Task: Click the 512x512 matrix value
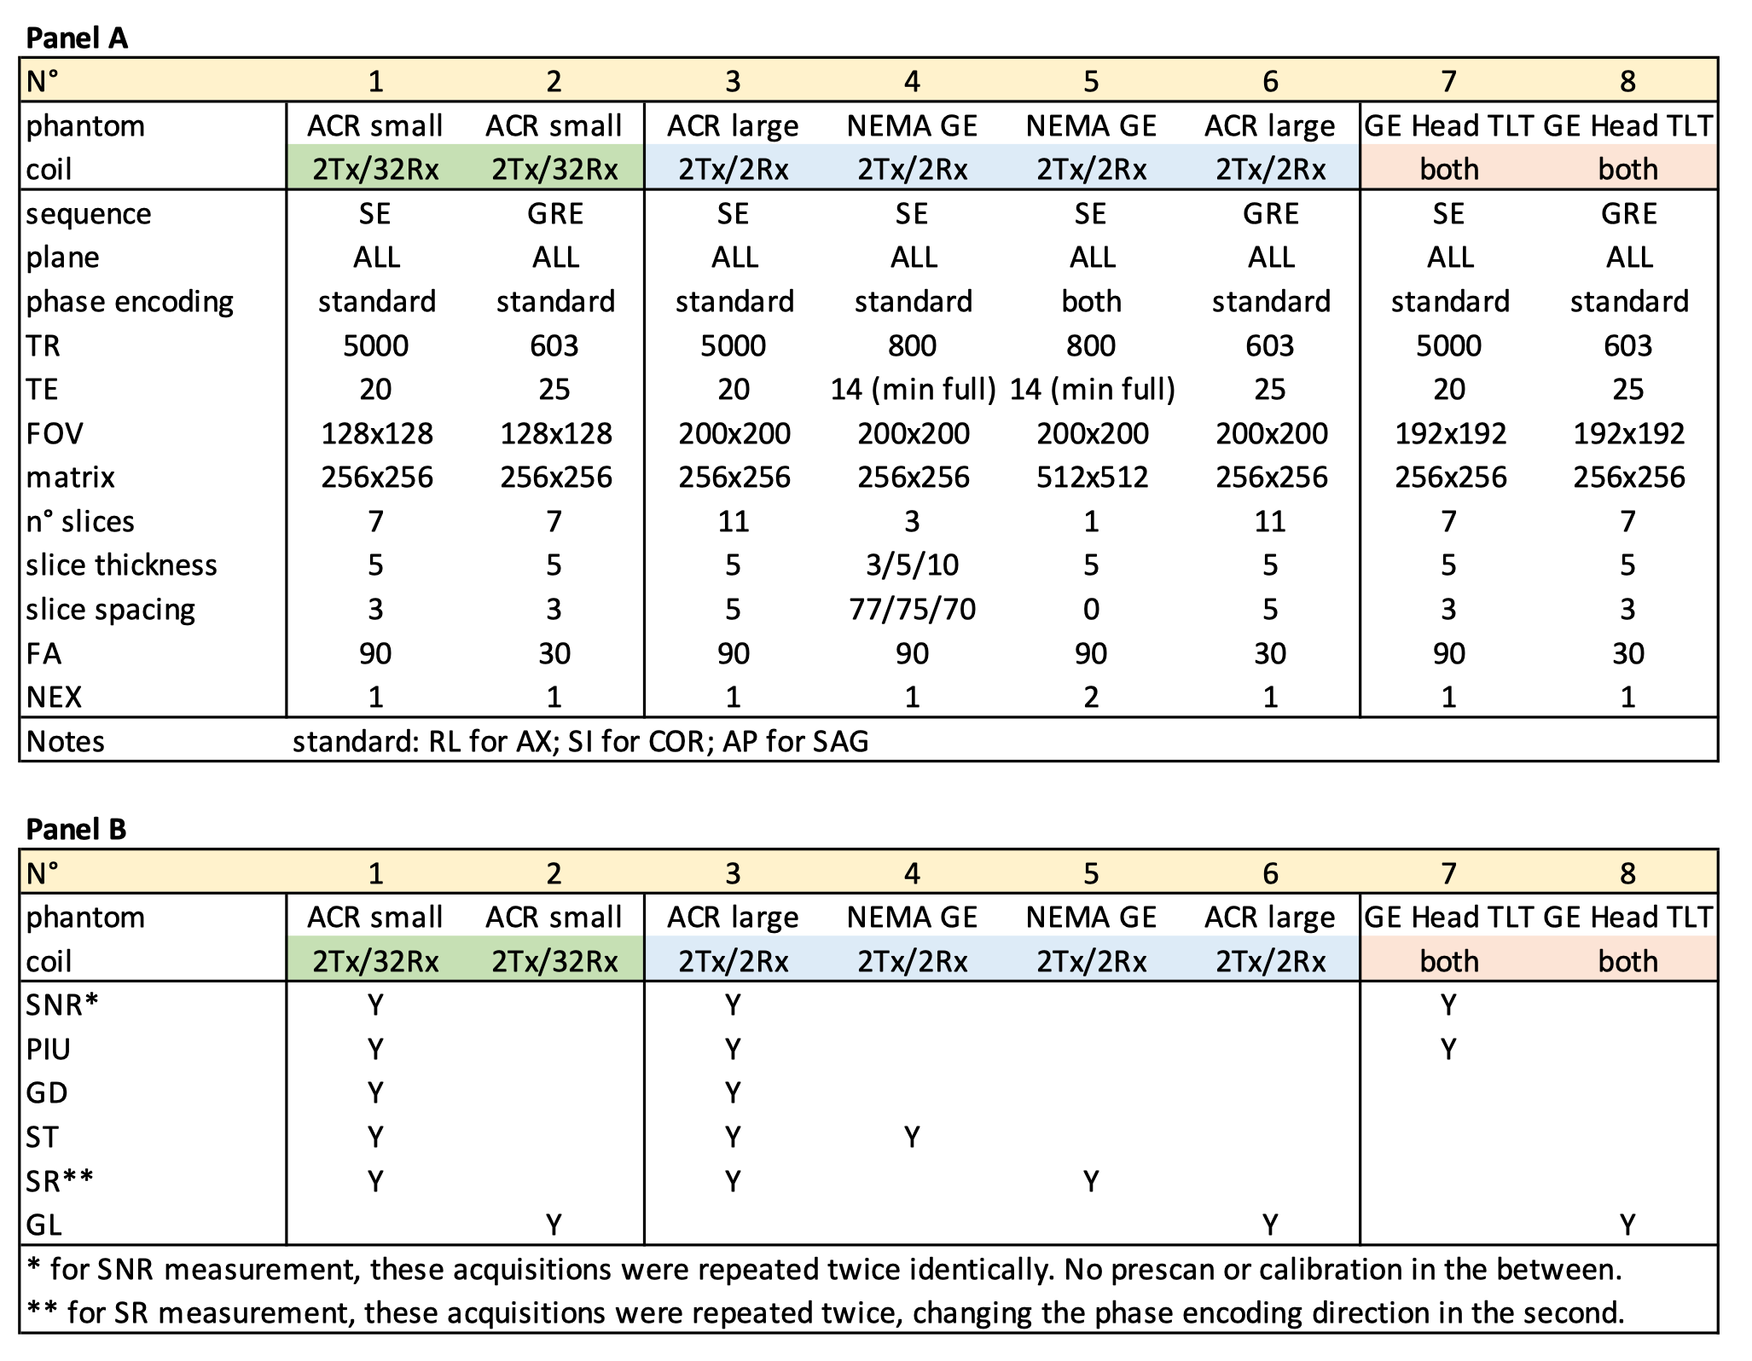click(1091, 478)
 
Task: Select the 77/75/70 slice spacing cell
click(912, 610)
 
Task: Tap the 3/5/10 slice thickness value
click(912, 565)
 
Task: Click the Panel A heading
click(77, 38)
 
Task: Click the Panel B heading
click(77, 829)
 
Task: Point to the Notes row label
click(66, 742)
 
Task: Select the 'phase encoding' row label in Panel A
click(130, 302)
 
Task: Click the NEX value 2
click(1091, 698)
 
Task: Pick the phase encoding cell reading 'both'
click(1091, 302)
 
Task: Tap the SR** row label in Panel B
click(60, 1181)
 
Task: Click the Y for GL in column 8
click(1627, 1225)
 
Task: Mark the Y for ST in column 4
click(912, 1137)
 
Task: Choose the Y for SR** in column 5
click(1091, 1181)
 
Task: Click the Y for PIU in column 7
click(1448, 1049)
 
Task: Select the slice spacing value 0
click(1091, 610)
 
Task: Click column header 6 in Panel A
click(1270, 82)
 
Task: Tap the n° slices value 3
click(912, 521)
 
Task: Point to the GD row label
click(47, 1093)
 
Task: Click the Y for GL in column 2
click(554, 1225)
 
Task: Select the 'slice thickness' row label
click(121, 565)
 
